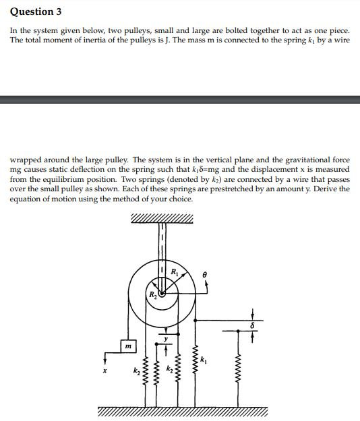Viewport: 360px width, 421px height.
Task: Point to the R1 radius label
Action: tap(175, 273)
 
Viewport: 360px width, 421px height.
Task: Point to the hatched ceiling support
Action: tap(162, 220)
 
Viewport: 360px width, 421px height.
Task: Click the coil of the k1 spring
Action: tap(198, 377)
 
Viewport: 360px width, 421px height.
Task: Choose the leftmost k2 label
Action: tap(136, 371)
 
